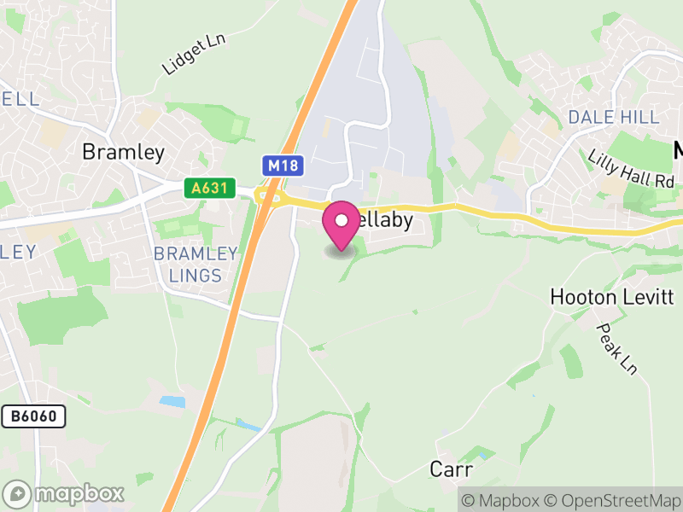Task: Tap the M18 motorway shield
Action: coord(282,166)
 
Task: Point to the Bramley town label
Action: coord(123,152)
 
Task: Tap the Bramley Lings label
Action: coord(195,265)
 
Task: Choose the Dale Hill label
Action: coord(613,117)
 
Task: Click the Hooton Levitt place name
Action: coord(612,297)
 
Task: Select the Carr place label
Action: coord(451,469)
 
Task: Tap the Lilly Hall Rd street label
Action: coord(631,169)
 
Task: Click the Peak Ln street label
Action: coord(617,348)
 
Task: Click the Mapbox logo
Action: coord(65,493)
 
